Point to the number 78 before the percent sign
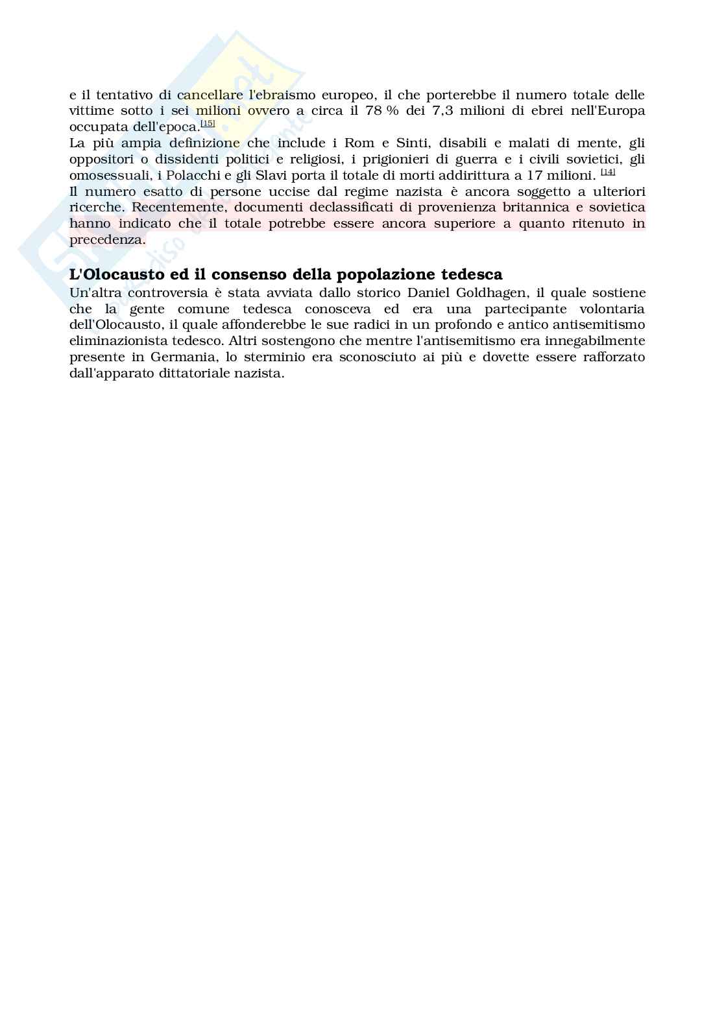(374, 111)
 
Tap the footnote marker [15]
(208, 123)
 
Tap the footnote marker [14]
(608, 172)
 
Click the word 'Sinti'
(400, 143)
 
